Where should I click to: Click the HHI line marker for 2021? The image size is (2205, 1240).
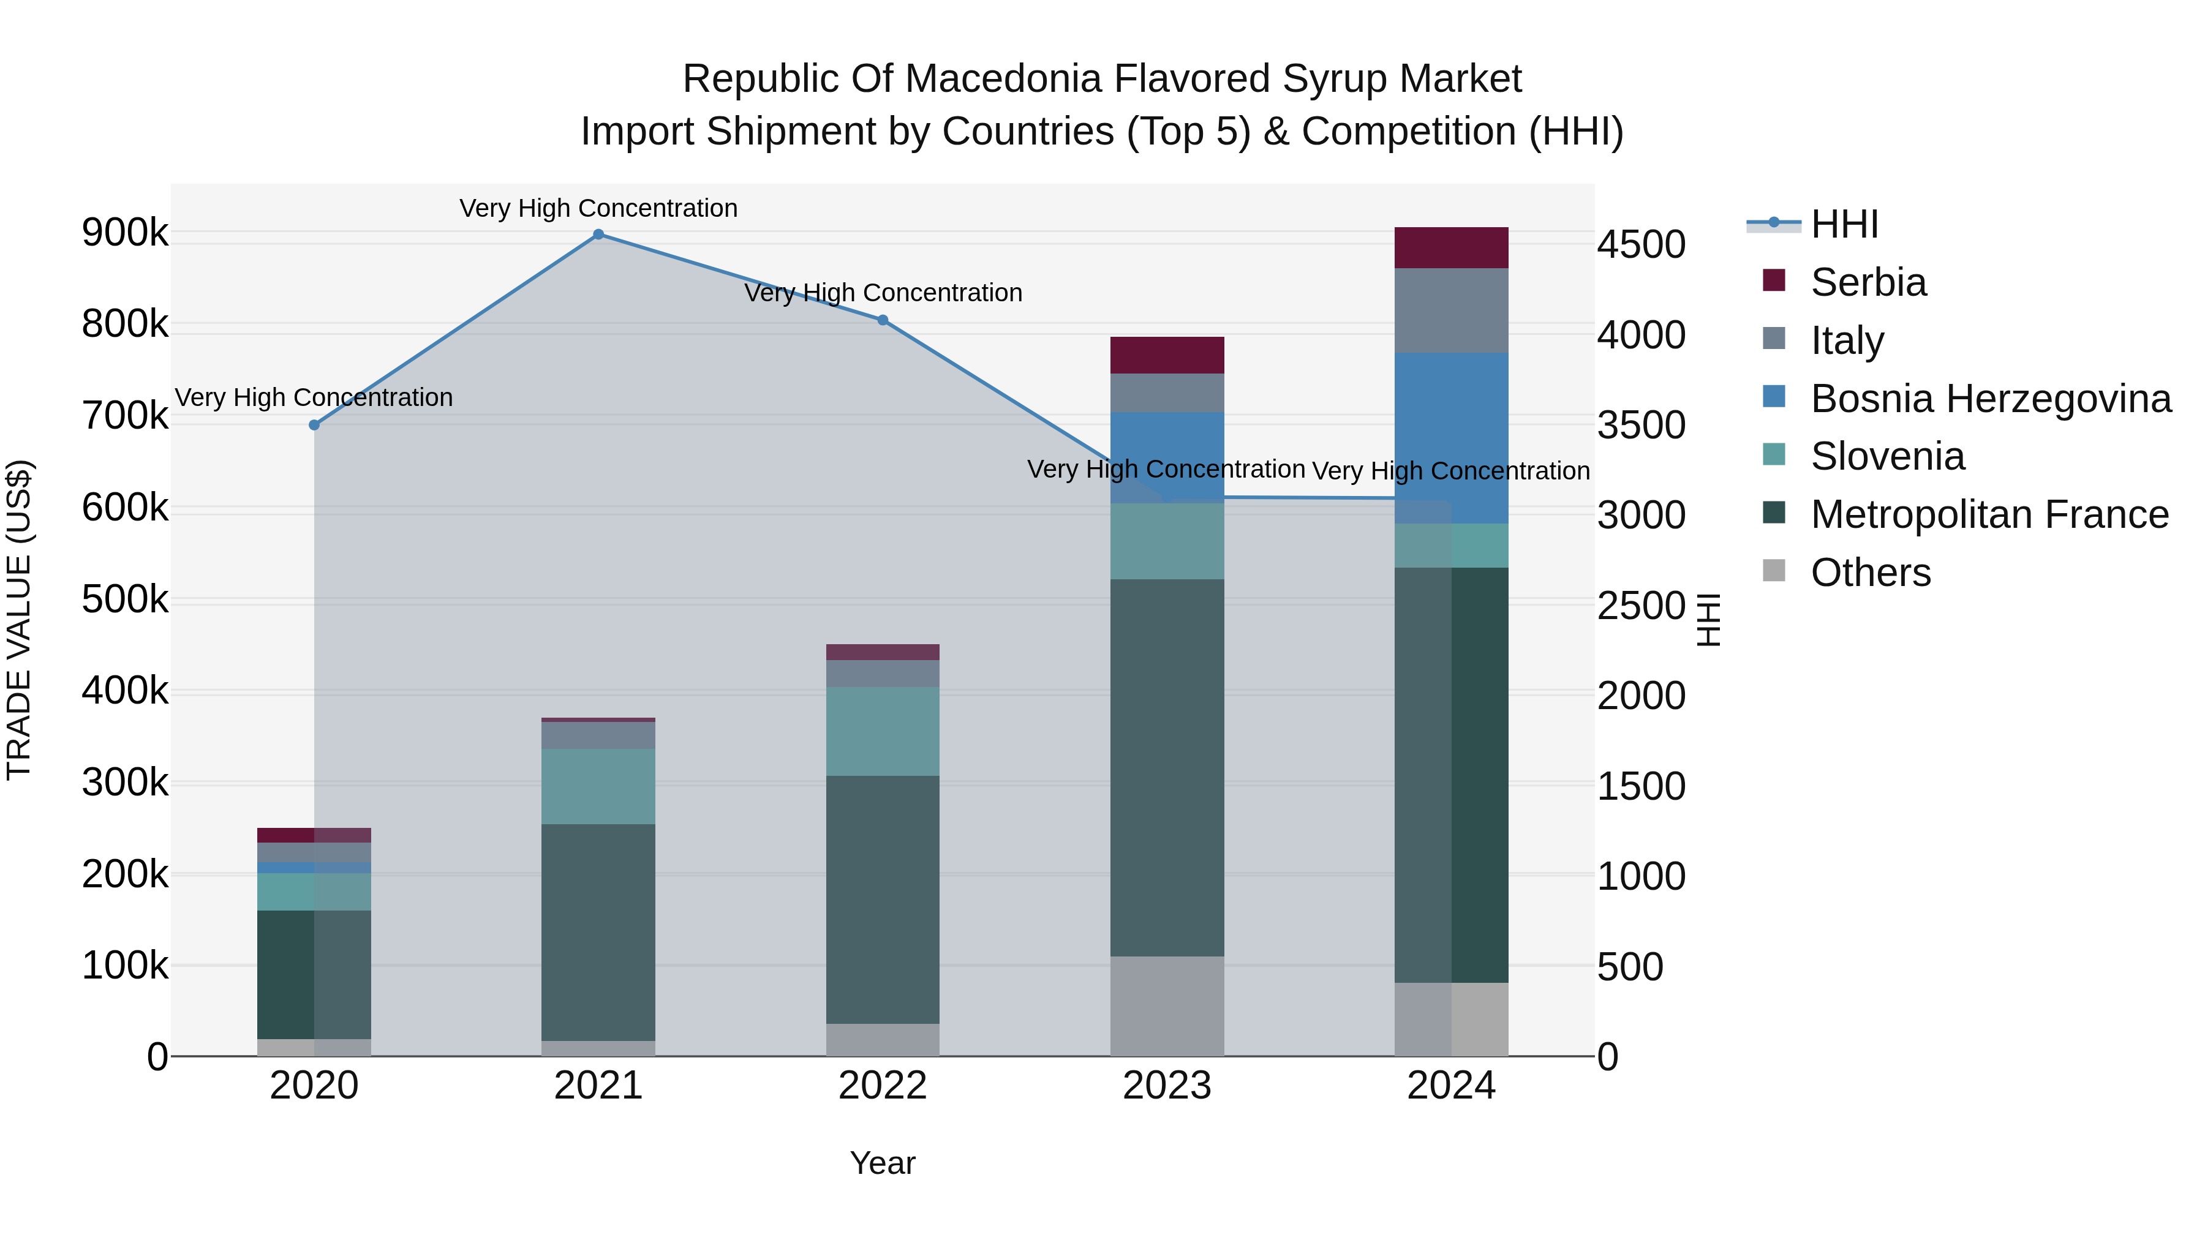(x=598, y=235)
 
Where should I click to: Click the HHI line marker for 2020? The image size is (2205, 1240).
(x=314, y=426)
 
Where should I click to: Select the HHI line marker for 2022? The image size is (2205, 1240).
(x=883, y=320)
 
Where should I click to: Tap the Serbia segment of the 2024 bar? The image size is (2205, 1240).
(x=1451, y=248)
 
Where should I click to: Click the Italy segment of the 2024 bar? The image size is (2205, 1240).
(x=1451, y=310)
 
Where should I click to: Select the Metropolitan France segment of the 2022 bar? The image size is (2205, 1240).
(x=883, y=900)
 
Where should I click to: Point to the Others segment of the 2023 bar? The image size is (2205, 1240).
(x=1167, y=1006)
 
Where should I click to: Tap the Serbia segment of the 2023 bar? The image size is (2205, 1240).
(x=1167, y=355)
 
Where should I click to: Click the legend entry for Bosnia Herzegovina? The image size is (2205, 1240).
(x=1990, y=399)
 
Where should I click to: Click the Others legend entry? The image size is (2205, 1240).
(x=1871, y=573)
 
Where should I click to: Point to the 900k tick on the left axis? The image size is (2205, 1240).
(x=125, y=233)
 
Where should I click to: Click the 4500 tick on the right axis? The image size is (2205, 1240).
(x=1641, y=245)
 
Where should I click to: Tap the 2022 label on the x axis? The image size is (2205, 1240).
(x=883, y=1086)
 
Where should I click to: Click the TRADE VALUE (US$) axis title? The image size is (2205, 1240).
(x=19, y=620)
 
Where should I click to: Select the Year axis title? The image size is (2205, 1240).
(x=883, y=1163)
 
